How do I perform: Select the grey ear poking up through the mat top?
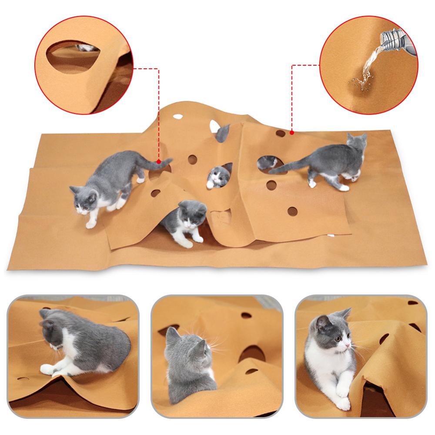[223, 131]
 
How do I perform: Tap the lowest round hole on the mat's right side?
[292, 211]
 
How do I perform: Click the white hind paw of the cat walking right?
[344, 188]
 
